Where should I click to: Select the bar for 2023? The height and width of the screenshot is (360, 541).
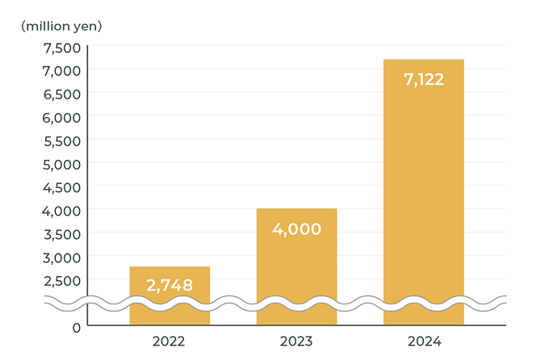pos(296,266)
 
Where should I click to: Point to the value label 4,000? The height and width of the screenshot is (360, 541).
pos(296,228)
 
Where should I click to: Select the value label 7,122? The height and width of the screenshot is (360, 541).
pos(423,79)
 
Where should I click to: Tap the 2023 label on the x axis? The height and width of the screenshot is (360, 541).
pos(296,341)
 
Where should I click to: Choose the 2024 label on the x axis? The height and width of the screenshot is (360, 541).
pos(423,341)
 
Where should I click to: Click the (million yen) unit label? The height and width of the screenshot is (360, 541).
pos(61,25)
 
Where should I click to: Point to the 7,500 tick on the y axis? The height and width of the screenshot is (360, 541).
pos(61,47)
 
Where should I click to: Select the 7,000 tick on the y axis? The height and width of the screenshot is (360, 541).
pos(61,70)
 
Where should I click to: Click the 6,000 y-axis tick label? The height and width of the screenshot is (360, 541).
pos(61,117)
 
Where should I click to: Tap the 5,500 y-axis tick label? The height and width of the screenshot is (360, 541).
pos(61,140)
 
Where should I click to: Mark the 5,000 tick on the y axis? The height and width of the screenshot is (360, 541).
pos(61,164)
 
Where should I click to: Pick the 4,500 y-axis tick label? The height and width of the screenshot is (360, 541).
pos(61,187)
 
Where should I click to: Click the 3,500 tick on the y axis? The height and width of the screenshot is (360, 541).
pos(61,234)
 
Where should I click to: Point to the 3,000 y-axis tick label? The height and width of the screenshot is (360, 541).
pos(61,257)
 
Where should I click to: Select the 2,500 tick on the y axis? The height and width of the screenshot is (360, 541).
pos(61,281)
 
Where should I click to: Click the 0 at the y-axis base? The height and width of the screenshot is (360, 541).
pos(76,328)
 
